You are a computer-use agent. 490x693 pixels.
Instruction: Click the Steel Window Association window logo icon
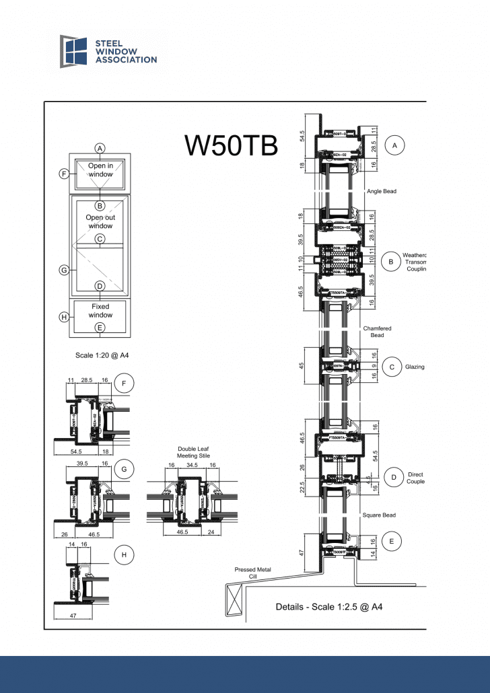[x=74, y=51]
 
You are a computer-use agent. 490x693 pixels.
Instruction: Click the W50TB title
[x=231, y=145]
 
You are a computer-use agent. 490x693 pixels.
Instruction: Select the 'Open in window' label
[x=100, y=170]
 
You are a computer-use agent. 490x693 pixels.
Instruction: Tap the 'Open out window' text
[x=100, y=222]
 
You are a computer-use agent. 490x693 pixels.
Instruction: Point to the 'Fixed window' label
[x=100, y=311]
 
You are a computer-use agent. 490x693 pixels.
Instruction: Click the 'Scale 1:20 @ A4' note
[x=102, y=355]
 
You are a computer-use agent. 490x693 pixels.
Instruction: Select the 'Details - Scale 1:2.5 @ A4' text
[x=329, y=607]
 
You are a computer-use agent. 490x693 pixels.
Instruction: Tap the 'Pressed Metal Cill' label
[x=253, y=573]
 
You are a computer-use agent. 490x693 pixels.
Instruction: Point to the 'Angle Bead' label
[x=382, y=191]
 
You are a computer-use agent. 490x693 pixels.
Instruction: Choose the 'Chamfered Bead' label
[x=377, y=332]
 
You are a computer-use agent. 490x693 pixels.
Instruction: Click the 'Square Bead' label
[x=379, y=515]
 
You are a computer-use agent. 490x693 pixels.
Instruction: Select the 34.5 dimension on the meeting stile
[x=192, y=465]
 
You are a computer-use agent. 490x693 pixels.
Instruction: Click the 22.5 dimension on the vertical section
[x=302, y=486]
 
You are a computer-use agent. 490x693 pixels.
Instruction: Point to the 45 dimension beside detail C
[x=302, y=366]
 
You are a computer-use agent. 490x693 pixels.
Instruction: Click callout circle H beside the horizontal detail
[x=124, y=555]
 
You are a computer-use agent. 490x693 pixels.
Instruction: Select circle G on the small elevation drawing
[x=64, y=270]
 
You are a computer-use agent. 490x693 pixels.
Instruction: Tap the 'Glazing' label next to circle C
[x=415, y=367]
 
